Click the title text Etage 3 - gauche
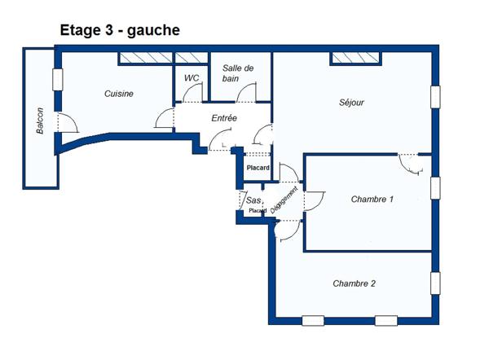point(120,30)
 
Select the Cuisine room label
point(119,94)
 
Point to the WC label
point(192,78)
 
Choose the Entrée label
point(224,119)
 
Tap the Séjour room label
point(351,103)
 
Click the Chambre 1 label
point(372,200)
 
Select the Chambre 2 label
point(355,283)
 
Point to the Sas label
point(253,200)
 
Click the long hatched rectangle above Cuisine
point(145,59)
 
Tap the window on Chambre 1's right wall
point(435,187)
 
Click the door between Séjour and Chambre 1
point(409,163)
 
